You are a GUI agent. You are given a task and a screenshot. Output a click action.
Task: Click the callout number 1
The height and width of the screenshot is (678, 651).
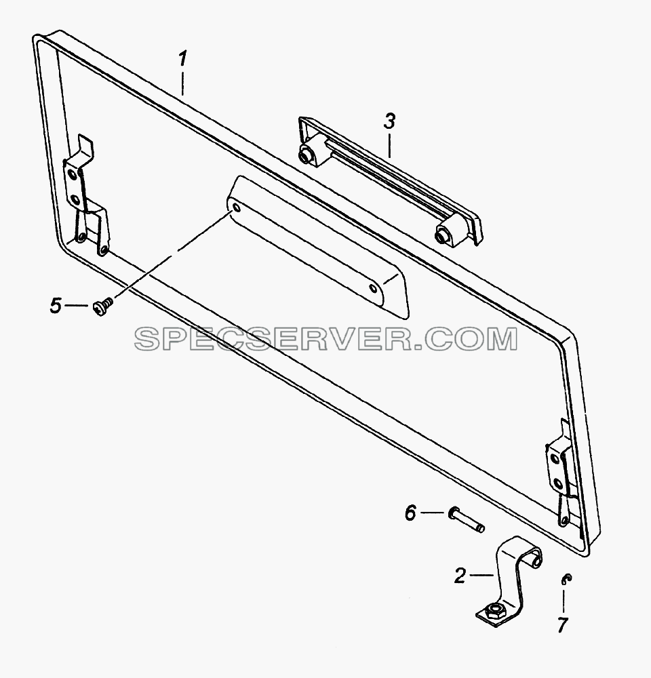[x=183, y=58]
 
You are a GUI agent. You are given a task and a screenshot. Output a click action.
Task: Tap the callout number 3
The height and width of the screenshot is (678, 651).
[x=389, y=121]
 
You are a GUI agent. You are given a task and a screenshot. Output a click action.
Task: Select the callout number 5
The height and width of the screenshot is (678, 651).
[x=56, y=306]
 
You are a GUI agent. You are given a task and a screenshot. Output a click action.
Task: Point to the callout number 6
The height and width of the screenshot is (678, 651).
[x=410, y=513]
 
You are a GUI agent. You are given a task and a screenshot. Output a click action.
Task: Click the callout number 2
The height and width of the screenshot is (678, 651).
[x=460, y=576]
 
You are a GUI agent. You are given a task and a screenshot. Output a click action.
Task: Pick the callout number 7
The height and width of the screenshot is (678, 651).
[x=562, y=625]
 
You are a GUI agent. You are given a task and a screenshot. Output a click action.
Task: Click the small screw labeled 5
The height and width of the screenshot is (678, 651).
[x=102, y=306]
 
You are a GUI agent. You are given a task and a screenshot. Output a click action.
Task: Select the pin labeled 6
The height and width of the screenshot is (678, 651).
[x=467, y=519]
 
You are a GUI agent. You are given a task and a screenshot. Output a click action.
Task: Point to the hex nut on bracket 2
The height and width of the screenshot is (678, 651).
[x=493, y=610]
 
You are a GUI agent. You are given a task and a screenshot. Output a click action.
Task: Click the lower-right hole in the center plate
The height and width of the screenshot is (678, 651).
[x=373, y=288]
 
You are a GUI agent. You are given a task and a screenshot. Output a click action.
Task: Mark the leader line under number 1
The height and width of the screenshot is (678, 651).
[x=183, y=83]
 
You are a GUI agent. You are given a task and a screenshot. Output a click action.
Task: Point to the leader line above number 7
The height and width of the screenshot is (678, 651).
[x=564, y=601]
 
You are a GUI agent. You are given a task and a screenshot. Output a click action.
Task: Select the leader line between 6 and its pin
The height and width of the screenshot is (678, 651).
[x=433, y=513]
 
